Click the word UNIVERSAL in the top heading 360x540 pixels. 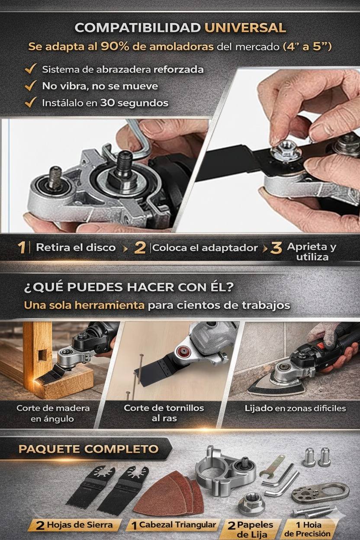tap(245, 28)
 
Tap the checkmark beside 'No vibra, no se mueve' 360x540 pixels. tap(31, 86)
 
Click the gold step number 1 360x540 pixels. tap(22, 247)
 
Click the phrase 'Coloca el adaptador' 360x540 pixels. tap(205, 248)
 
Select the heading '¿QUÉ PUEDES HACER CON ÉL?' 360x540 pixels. tap(129, 287)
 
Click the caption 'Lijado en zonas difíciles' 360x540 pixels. tap(295, 408)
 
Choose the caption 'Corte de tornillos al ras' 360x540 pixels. tap(164, 413)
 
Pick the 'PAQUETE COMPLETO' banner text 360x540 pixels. tap(89, 449)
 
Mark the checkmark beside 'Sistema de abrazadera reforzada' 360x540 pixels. tap(31, 69)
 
